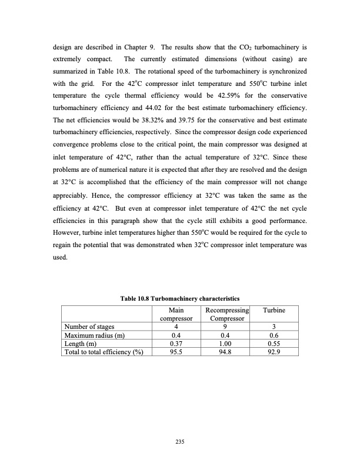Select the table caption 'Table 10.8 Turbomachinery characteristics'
[x=180, y=300]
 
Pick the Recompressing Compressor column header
[x=226, y=314]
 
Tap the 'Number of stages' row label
[x=90, y=327]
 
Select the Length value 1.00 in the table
[x=226, y=344]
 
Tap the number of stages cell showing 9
[x=226, y=327]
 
